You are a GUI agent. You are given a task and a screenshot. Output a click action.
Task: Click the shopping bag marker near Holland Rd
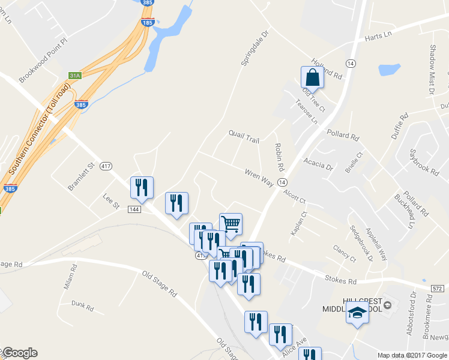click(x=312, y=77)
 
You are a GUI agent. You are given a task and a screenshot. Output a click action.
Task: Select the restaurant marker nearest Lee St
click(x=142, y=188)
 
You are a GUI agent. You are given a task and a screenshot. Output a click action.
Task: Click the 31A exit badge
click(x=75, y=76)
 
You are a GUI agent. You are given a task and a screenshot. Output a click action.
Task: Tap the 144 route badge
click(x=134, y=209)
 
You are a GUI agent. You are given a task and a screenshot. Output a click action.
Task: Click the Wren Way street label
click(x=259, y=178)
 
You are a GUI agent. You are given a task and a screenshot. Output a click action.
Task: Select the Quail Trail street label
click(x=244, y=136)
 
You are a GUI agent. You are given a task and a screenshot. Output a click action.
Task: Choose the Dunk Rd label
click(x=82, y=307)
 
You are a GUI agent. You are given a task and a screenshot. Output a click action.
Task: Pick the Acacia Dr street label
click(x=318, y=162)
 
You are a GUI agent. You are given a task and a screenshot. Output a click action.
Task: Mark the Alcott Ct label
click(x=295, y=196)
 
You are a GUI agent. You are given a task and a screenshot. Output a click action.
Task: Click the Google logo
click(x=20, y=353)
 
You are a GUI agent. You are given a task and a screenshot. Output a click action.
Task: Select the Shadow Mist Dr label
click(x=432, y=69)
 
